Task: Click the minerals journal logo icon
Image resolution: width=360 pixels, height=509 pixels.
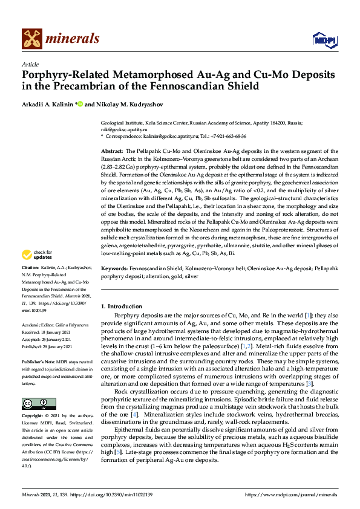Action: pos(31,39)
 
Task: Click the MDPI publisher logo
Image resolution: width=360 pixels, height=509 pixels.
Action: pos(324,39)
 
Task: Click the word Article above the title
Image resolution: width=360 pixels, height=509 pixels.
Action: pos(30,64)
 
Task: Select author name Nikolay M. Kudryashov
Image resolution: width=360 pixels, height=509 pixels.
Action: pos(128,104)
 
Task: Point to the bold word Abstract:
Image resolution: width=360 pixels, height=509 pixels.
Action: pos(112,149)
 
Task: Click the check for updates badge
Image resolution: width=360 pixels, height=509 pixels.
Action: pos(38,271)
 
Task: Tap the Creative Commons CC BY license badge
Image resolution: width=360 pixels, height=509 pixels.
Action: pos(39,404)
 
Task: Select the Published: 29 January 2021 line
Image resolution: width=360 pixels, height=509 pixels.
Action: pos(47,347)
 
